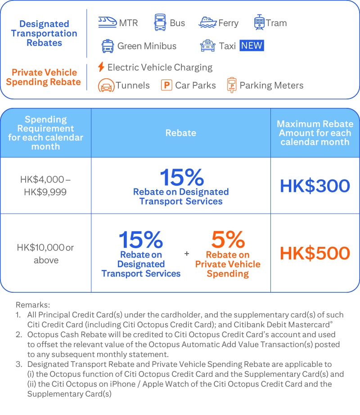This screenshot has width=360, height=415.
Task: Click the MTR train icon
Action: (107, 22)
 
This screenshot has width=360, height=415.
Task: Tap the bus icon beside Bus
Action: (160, 22)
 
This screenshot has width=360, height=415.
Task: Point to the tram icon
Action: (259, 22)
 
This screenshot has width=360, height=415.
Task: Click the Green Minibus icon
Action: (108, 46)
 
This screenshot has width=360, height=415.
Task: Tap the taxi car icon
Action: (207, 45)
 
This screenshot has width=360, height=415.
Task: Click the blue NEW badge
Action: (252, 45)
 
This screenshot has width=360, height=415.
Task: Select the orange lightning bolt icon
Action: (101, 67)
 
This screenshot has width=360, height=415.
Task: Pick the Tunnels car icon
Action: (106, 85)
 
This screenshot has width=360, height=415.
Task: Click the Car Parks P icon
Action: (166, 85)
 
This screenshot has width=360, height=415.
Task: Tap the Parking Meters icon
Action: (232, 85)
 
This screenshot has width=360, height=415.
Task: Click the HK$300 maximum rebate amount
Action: (315, 186)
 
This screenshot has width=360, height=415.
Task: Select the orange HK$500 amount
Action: (315, 253)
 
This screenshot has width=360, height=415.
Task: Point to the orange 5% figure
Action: (228, 240)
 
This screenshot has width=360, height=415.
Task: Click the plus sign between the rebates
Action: (187, 254)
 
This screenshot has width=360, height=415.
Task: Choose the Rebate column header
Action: (180, 133)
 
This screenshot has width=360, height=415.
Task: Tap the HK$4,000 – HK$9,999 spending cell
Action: (45, 185)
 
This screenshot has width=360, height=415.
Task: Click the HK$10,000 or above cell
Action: (45, 254)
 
